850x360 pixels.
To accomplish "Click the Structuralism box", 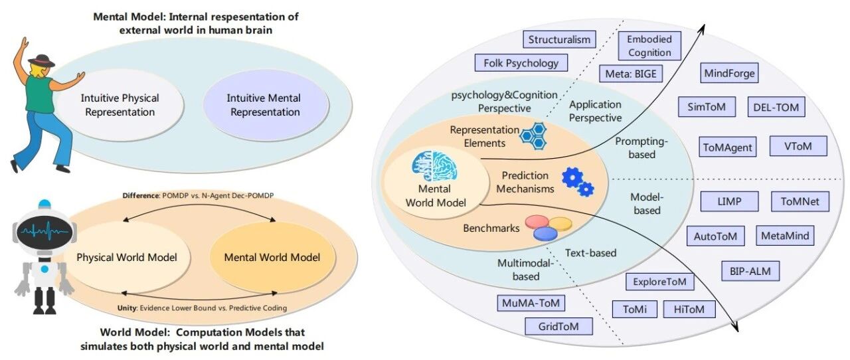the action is tap(559, 39).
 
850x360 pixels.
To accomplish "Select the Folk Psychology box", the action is tap(521, 62).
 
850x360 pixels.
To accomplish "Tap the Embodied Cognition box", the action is tap(649, 46).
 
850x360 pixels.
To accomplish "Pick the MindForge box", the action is tap(729, 73).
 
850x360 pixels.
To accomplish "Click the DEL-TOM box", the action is tap(776, 107).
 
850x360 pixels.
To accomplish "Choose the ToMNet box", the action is tap(800, 201).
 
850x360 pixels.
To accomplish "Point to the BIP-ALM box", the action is tap(750, 271).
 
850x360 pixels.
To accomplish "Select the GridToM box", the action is tap(558, 326).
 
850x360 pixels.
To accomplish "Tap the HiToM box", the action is tap(689, 309).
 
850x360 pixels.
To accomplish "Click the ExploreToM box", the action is tap(659, 282).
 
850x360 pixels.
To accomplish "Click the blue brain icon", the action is tap(434, 165).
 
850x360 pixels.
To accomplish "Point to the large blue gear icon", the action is tap(572, 177).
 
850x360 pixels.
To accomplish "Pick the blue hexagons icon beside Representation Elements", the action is tap(533, 136).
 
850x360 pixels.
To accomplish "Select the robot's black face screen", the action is tap(44, 231).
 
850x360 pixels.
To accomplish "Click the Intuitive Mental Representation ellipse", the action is tap(265, 105).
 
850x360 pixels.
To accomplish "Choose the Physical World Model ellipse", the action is tap(127, 257).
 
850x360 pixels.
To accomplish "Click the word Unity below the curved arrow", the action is tap(127, 308).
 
